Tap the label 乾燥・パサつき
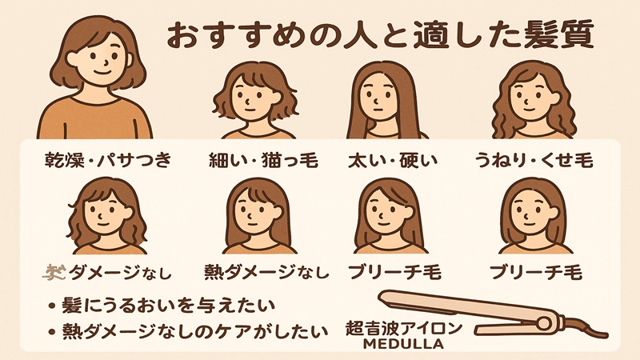(108, 161)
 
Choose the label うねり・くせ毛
(532, 161)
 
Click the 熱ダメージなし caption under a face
(272, 272)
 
